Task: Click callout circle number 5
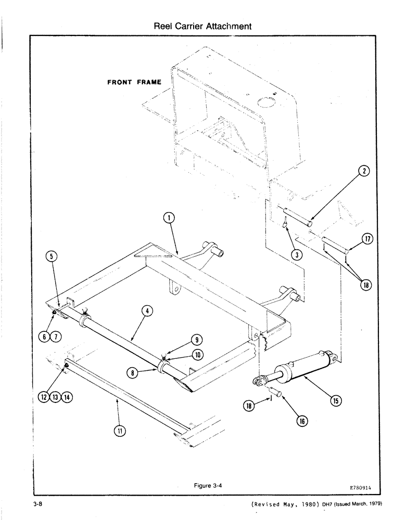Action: coord(53,256)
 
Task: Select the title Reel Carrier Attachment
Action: coord(203,25)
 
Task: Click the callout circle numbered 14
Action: coord(67,397)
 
